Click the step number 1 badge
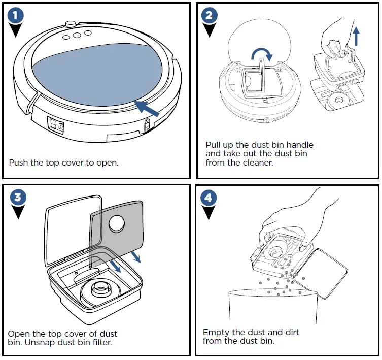tap(16, 16)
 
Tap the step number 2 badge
tap(207, 16)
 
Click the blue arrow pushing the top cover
tap(148, 108)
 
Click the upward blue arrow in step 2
tap(357, 36)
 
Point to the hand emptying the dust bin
tap(284, 213)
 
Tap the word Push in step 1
tap(18, 163)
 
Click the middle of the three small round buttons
tap(77, 35)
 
